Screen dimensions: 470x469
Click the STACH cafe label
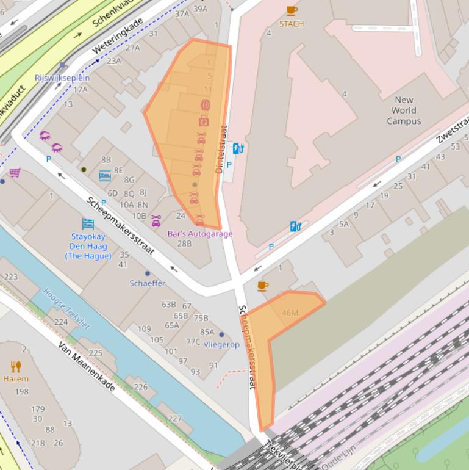pos(291,24)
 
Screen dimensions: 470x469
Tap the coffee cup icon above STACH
pos(292,11)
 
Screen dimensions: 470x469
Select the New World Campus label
pos(404,110)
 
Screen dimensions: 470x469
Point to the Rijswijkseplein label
pos(62,78)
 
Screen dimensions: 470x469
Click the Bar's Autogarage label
pos(201,233)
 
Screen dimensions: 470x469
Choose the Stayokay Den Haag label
pos(88,246)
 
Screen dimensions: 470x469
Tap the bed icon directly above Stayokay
pos(88,224)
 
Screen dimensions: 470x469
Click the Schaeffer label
pos(147,283)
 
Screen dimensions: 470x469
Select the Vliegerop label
pos(221,344)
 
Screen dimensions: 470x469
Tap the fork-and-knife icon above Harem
pos(16,366)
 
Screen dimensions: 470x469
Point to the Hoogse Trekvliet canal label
pos(66,309)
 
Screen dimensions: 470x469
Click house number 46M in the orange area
pos(290,313)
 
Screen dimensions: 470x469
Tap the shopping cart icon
pos(15,173)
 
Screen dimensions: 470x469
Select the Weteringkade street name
pos(118,35)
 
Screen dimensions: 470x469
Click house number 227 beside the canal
pos(174,418)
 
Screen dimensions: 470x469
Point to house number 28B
pos(184,243)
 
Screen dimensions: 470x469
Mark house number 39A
pos(200,9)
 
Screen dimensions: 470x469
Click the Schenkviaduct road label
pos(116,13)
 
